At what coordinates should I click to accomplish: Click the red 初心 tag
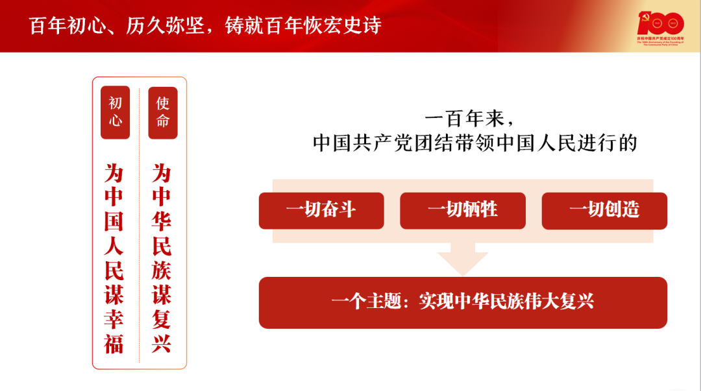(x=115, y=112)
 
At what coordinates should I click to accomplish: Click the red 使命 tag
(x=162, y=112)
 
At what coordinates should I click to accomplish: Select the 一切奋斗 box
(x=321, y=210)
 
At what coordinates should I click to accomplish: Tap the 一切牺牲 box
(x=463, y=210)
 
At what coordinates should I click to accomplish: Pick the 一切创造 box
(x=604, y=210)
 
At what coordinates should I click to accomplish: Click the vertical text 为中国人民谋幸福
(x=114, y=257)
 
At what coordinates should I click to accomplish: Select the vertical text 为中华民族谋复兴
(x=162, y=257)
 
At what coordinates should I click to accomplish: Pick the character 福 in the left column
(x=114, y=343)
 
